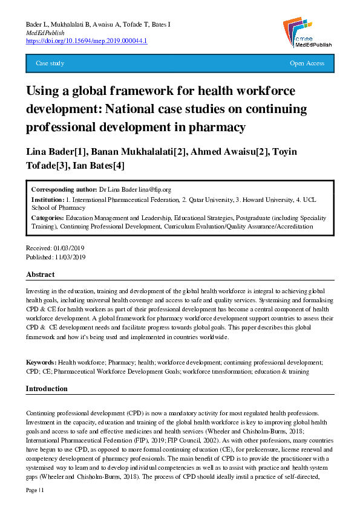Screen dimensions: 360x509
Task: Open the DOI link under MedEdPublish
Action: (87, 41)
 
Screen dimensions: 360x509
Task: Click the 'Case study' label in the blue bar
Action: (50, 63)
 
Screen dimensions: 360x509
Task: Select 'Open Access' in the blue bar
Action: (307, 63)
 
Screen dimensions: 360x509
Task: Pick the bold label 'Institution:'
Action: (47, 199)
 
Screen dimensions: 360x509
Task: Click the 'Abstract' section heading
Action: (40, 274)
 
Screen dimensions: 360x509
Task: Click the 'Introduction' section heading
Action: (47, 389)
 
